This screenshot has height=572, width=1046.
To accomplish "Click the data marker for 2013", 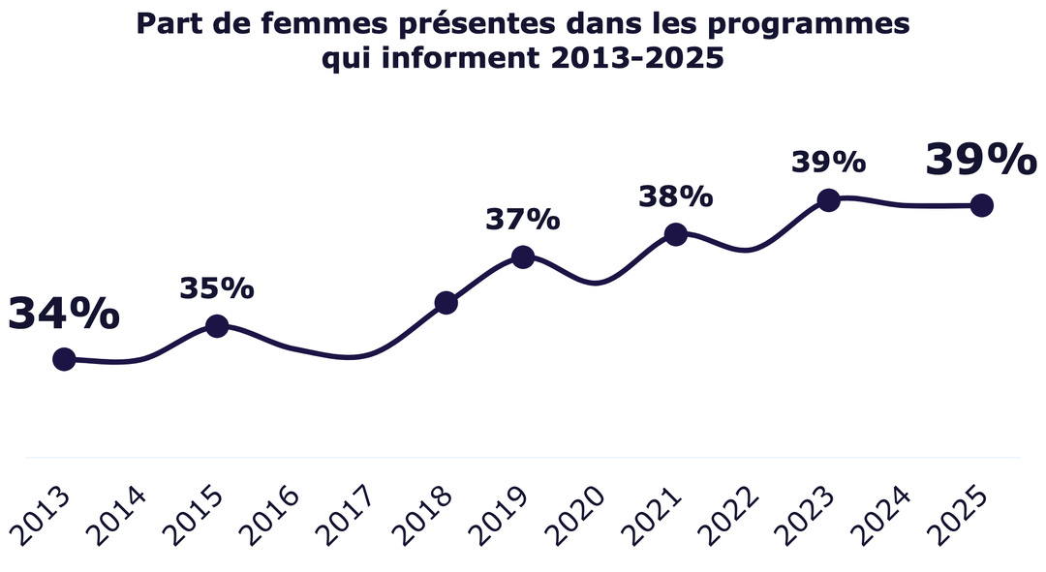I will [x=64, y=359].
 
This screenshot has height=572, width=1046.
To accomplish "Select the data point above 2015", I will [x=217, y=326].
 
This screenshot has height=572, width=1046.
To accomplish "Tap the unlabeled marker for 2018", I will [x=446, y=303].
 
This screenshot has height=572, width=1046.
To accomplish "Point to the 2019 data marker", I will [x=522, y=256].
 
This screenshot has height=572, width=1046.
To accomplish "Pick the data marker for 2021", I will [x=676, y=234].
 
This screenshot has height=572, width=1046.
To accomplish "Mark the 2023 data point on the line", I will [x=828, y=199].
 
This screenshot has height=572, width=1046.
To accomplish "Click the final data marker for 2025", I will [x=981, y=205].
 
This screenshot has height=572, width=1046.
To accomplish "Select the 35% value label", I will [x=217, y=287].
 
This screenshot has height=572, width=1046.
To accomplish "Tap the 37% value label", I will [x=522, y=220].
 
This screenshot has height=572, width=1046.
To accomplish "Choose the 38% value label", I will [x=676, y=196].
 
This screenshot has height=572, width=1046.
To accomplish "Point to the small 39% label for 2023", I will [x=828, y=162].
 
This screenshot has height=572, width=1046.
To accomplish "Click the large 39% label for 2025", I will [x=980, y=160].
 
